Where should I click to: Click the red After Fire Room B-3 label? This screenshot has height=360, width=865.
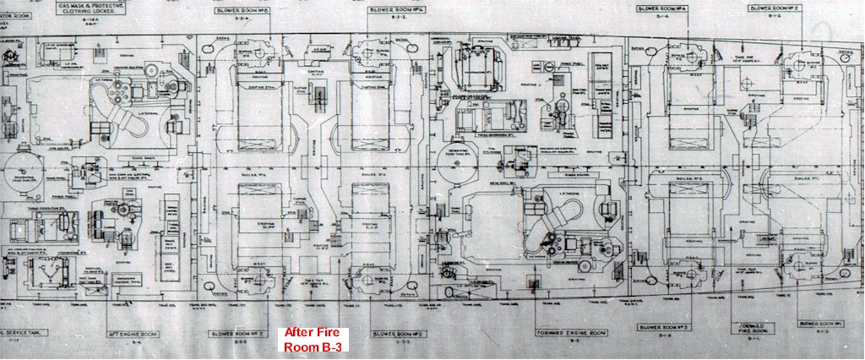[x=309, y=338]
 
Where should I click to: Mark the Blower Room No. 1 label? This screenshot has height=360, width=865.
[x=819, y=325]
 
